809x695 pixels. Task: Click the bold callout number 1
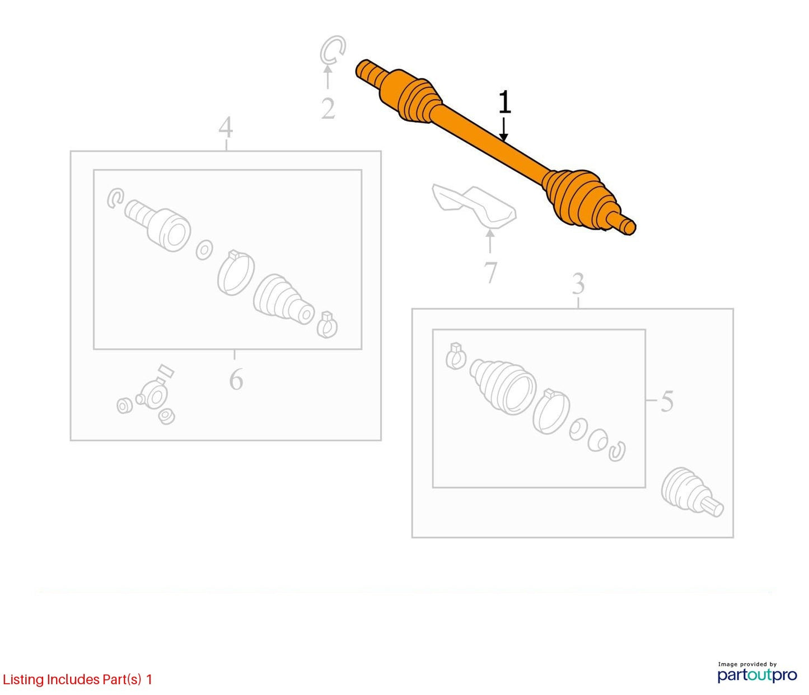(504, 102)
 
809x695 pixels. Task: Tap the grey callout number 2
(328, 109)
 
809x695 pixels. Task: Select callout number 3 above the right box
(578, 284)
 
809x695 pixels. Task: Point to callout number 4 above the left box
(226, 127)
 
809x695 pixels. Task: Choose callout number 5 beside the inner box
(667, 401)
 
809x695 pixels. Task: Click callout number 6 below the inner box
(236, 379)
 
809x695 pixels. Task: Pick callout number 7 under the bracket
(490, 272)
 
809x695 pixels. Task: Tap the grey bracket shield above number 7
(474, 206)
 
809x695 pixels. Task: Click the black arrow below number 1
(504, 129)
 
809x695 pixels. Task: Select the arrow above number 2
(328, 77)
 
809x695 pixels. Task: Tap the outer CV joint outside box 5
(692, 492)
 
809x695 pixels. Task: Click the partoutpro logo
(757, 675)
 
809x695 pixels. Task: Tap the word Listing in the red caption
(24, 679)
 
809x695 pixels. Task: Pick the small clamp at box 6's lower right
(327, 325)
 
